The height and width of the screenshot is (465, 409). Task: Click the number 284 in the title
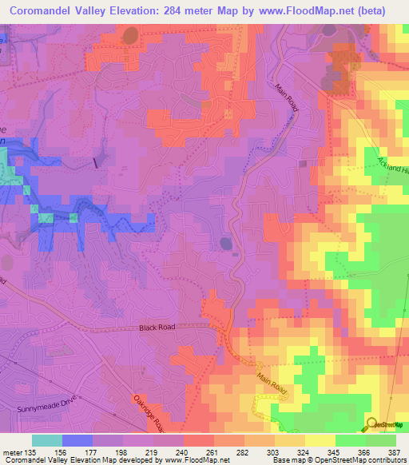tap(169, 11)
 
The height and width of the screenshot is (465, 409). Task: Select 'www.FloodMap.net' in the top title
tap(300, 11)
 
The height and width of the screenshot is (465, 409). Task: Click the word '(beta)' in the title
tap(369, 11)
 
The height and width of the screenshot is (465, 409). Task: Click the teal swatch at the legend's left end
tap(47, 439)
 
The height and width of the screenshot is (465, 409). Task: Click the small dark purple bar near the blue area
tap(95, 162)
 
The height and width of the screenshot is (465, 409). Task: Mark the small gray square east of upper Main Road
tap(303, 164)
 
